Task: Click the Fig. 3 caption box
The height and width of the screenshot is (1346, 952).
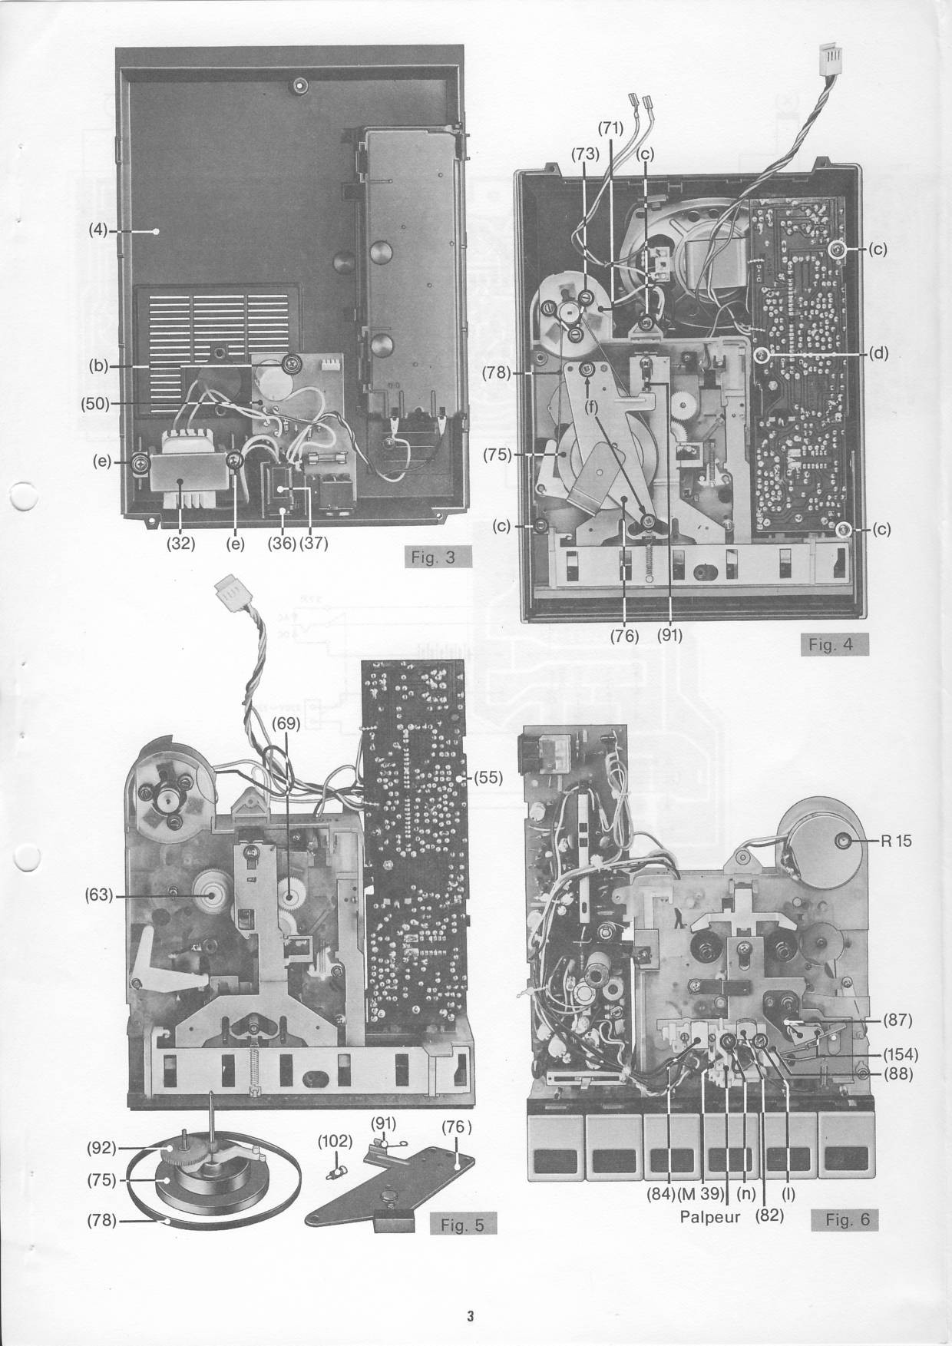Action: pyautogui.click(x=434, y=557)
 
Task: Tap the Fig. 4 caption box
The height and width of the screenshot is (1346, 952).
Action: pyautogui.click(x=831, y=644)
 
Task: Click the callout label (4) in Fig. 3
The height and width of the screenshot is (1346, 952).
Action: pyautogui.click(x=98, y=230)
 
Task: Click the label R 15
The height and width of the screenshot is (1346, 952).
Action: pyautogui.click(x=897, y=841)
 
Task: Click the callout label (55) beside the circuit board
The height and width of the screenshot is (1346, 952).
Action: pyautogui.click(x=486, y=777)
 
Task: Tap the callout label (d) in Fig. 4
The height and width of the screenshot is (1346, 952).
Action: pyautogui.click(x=879, y=354)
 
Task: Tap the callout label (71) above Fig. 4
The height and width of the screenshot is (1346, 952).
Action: pyautogui.click(x=610, y=128)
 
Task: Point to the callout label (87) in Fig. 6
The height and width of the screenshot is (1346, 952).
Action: pyautogui.click(x=896, y=1020)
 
